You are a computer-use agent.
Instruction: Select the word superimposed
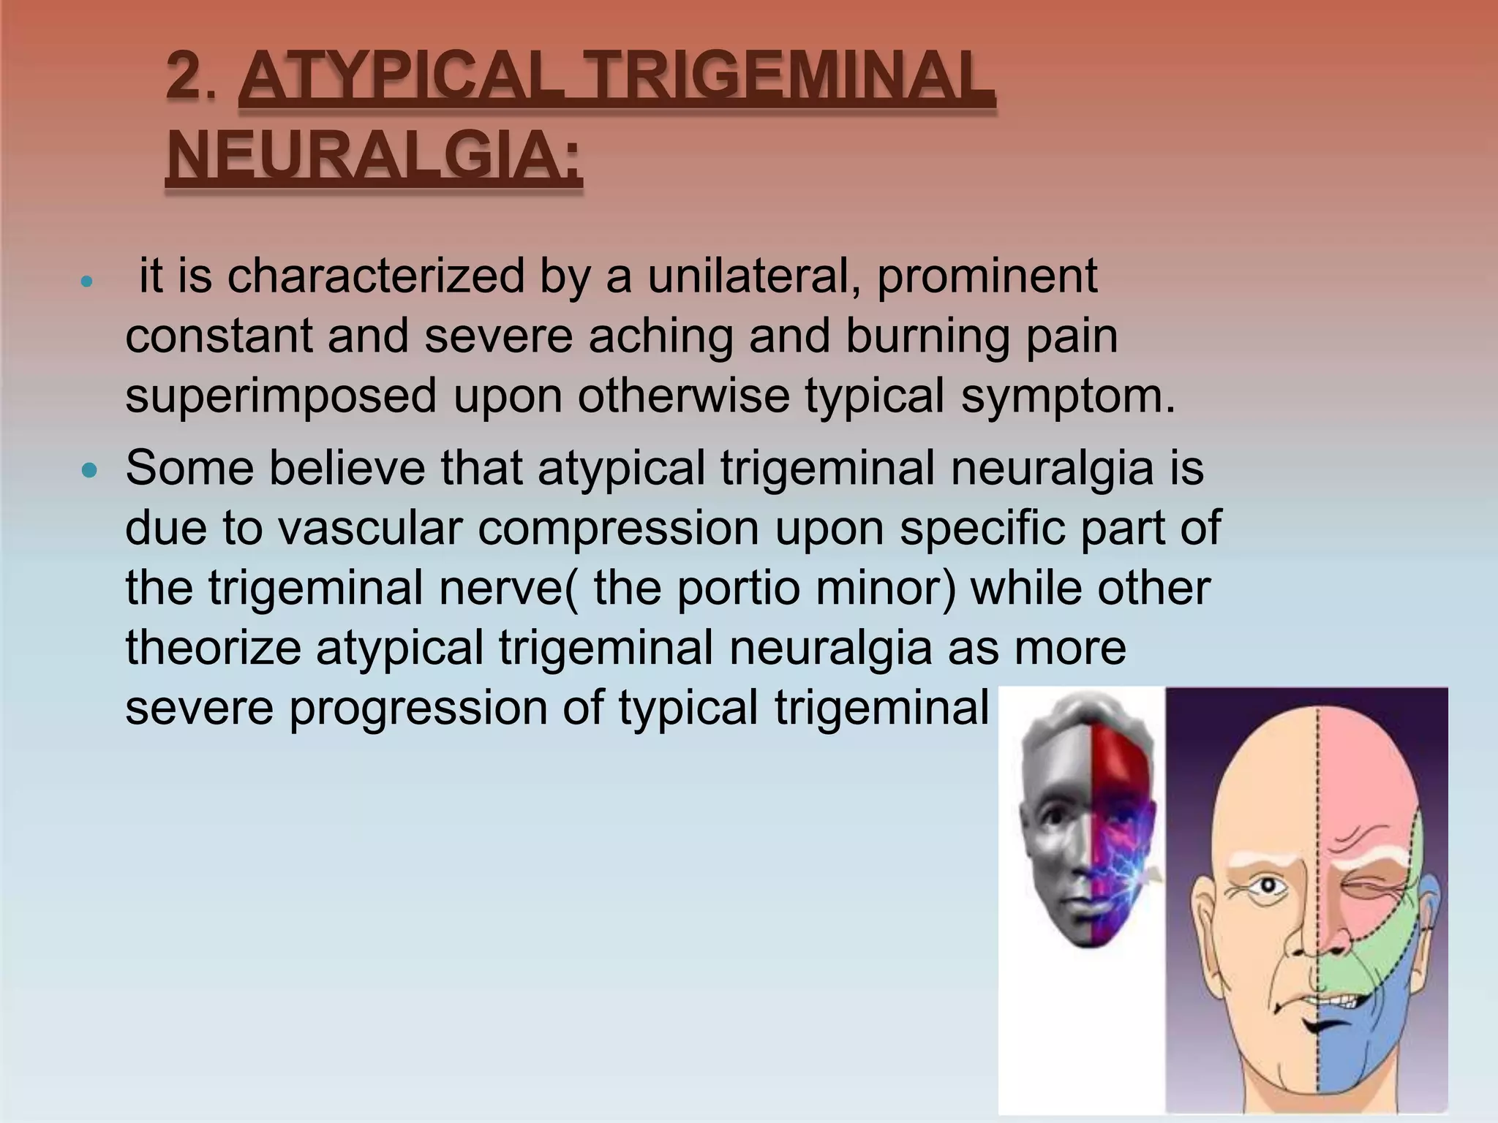281,396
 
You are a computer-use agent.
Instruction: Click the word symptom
1067,396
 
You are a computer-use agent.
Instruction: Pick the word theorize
213,648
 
